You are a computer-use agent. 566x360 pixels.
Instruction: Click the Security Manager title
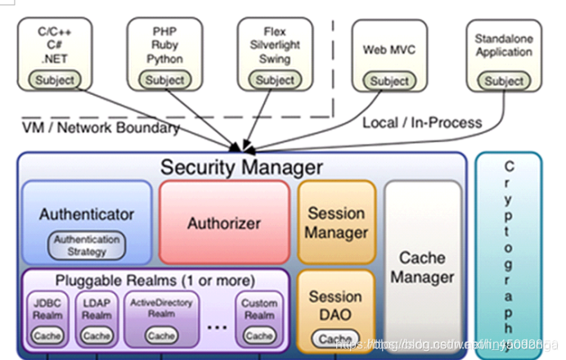(x=241, y=167)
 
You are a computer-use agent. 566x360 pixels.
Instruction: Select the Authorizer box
(x=224, y=223)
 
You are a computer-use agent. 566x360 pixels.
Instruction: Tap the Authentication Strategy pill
(x=88, y=245)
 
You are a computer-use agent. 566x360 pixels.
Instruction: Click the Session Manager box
(x=336, y=223)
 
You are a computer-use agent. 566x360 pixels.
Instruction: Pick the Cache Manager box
(x=422, y=268)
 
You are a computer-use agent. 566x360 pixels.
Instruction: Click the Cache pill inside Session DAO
(x=336, y=339)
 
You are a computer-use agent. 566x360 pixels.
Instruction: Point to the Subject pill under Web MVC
(x=389, y=81)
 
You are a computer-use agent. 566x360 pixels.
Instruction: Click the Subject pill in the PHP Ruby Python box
(x=165, y=80)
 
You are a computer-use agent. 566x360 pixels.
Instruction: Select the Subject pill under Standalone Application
(x=504, y=81)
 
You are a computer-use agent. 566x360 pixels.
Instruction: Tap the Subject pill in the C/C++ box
(x=55, y=80)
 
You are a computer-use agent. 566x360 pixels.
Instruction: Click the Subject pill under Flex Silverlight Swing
(x=275, y=80)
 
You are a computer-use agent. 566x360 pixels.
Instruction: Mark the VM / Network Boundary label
(x=101, y=128)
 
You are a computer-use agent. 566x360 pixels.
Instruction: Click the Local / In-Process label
(x=422, y=123)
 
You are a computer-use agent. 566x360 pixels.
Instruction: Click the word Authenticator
(x=87, y=214)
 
